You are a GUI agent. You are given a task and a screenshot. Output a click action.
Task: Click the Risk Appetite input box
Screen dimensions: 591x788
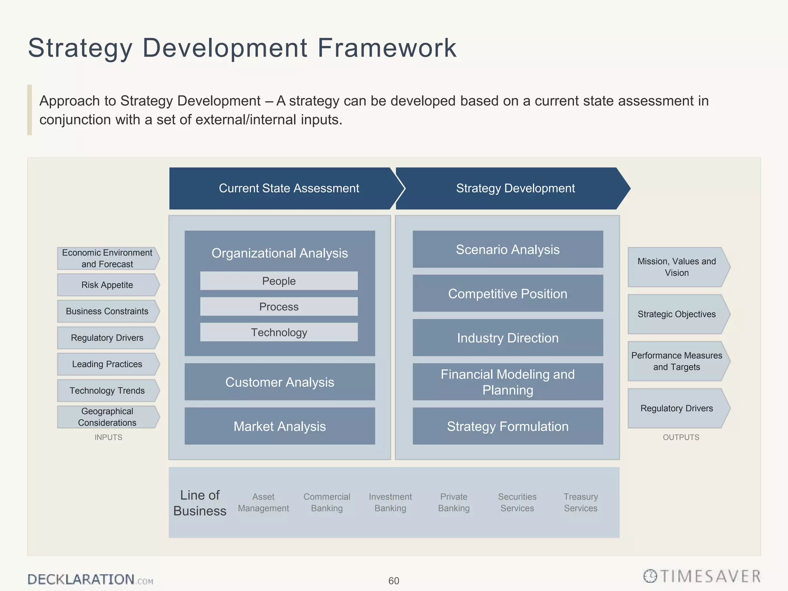(x=107, y=285)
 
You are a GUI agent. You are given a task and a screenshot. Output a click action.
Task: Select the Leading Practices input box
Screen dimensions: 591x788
(x=107, y=364)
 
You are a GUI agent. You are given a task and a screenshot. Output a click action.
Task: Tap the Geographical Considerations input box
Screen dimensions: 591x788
(x=107, y=417)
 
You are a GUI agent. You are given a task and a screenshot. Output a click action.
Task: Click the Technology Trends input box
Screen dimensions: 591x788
(x=107, y=391)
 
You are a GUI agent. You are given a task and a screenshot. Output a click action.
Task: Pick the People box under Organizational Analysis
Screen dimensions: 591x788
(x=279, y=281)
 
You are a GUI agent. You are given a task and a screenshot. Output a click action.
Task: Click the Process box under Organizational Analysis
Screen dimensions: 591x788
(x=279, y=307)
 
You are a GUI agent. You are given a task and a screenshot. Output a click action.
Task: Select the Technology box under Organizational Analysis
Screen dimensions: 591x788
(x=279, y=332)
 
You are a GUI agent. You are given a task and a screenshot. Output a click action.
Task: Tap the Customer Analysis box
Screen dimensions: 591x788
(x=280, y=382)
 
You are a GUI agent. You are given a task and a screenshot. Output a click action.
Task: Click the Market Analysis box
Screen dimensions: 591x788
(x=280, y=426)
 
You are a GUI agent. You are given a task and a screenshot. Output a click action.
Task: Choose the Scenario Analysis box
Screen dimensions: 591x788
(x=508, y=249)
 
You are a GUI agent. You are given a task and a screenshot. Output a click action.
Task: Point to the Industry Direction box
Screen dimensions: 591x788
(x=508, y=338)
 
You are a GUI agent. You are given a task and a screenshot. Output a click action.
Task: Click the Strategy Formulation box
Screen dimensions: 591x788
(x=508, y=426)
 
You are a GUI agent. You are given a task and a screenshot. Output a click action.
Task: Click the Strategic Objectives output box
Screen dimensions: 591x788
(x=677, y=314)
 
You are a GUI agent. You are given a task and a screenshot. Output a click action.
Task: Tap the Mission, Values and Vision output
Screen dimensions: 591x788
(x=677, y=267)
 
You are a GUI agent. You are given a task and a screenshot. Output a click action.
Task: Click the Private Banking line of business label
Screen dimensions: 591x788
(x=454, y=503)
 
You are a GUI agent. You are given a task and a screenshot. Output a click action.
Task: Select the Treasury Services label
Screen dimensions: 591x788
(x=581, y=503)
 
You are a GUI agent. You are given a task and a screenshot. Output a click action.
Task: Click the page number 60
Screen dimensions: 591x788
(x=394, y=581)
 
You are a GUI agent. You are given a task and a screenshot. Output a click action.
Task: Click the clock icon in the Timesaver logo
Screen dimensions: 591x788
(x=650, y=576)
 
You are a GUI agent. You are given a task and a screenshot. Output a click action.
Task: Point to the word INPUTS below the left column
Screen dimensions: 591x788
(x=109, y=437)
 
